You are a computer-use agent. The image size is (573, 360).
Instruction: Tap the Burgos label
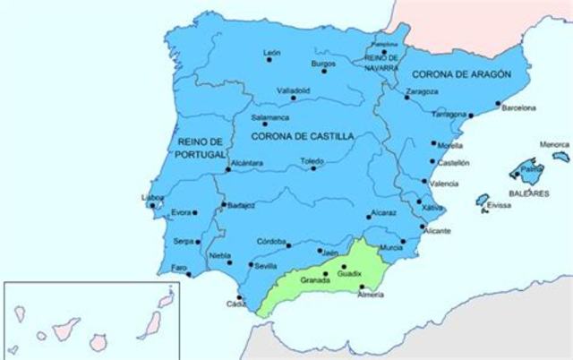[x=322, y=63]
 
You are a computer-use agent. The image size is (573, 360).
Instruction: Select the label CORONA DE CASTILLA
[x=302, y=135]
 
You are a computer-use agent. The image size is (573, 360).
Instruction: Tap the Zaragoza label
[x=422, y=90]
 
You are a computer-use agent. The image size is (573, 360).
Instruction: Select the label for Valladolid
[x=295, y=90]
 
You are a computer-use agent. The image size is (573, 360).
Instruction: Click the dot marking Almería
[x=362, y=287]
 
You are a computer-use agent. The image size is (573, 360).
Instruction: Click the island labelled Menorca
[x=560, y=155]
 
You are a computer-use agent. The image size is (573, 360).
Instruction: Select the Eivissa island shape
[x=482, y=199]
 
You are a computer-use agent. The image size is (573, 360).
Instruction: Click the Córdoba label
[x=272, y=242]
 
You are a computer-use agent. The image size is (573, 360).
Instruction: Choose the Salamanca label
[x=269, y=116]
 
